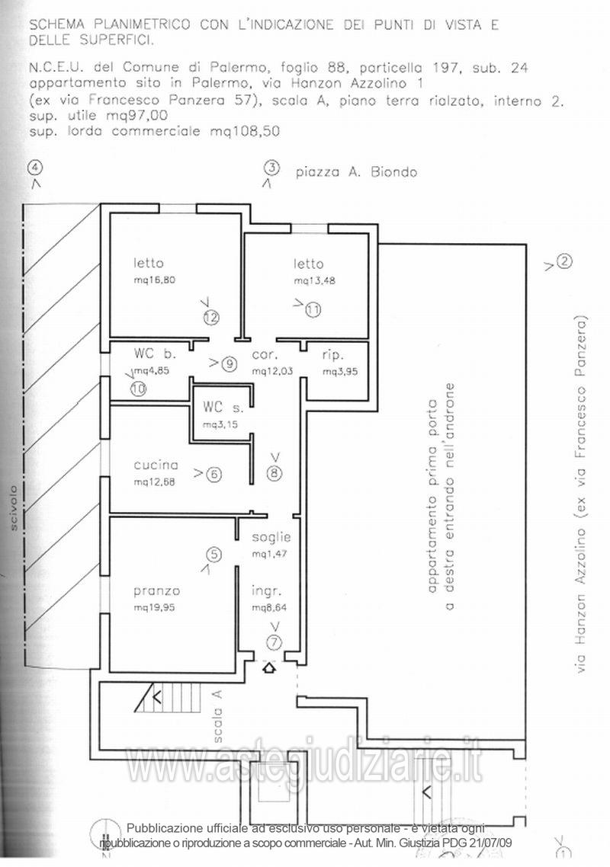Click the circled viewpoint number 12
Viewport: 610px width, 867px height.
tap(210, 316)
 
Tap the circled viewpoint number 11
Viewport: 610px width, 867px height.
tap(313, 309)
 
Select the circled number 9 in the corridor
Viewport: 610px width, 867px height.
tap(230, 364)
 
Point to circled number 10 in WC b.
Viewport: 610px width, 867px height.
tap(138, 388)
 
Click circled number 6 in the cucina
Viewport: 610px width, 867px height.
tap(213, 474)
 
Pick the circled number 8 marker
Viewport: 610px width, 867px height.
tap(274, 473)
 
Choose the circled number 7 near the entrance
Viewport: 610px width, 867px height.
tap(274, 641)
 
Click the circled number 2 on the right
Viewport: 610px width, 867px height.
tap(564, 263)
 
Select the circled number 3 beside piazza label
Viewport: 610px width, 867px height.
tap(271, 168)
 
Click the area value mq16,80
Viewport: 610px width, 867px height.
tap(155, 280)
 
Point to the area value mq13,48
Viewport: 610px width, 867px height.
tap(314, 280)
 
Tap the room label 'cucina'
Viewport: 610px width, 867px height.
tap(156, 465)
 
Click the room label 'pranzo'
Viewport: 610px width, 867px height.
tap(157, 590)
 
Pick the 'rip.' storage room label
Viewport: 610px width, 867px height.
tap(333, 355)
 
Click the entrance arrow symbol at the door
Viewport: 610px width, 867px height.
tap(269, 669)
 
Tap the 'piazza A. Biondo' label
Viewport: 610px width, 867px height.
tap(356, 172)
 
